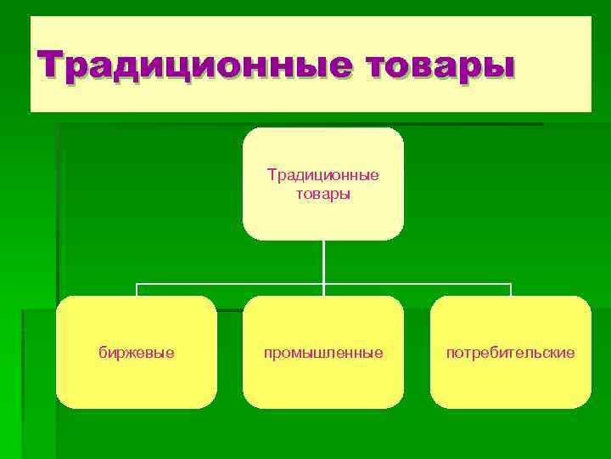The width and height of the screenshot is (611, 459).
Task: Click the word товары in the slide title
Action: (x=440, y=65)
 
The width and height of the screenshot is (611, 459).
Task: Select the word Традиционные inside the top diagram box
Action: (x=322, y=175)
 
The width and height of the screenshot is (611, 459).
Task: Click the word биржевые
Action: (x=137, y=351)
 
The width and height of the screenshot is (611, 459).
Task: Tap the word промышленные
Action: (x=322, y=351)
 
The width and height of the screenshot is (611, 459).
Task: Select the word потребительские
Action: (x=511, y=351)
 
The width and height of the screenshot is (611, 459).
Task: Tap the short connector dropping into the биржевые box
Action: (x=137, y=290)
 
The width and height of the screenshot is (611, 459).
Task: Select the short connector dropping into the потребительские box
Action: (x=511, y=290)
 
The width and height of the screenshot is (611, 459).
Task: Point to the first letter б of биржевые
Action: (x=103, y=351)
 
